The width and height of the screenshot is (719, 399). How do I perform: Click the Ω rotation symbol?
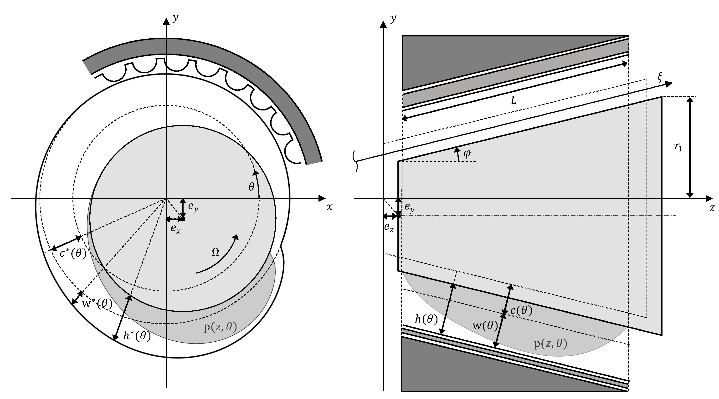(215, 252)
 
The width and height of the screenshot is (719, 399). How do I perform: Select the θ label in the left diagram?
(252, 187)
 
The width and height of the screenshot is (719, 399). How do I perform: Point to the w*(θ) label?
(97, 303)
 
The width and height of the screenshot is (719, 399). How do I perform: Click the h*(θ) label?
(137, 336)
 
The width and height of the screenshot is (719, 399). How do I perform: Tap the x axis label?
(330, 207)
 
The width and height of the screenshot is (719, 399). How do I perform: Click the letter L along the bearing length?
(514, 100)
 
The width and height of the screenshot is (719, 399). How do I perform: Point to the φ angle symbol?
(467, 153)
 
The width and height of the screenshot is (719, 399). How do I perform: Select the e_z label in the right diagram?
(389, 227)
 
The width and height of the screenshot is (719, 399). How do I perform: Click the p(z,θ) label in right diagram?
(550, 344)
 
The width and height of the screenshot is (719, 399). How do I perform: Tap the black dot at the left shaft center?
(183, 219)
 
